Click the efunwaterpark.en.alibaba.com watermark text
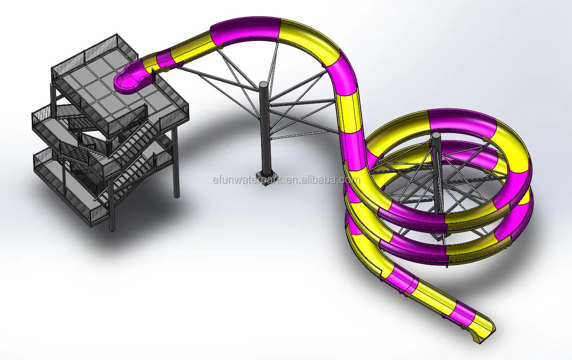pos(287,180)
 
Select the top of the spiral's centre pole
pos(437,136)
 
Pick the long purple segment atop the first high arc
pos(245,30)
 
